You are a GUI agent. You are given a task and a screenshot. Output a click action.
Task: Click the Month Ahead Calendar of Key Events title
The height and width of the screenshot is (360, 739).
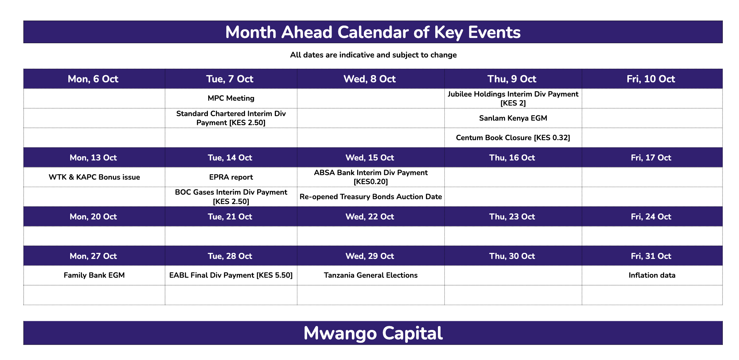click(373, 32)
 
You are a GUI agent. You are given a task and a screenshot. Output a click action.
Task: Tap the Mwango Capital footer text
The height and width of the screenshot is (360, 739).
click(373, 333)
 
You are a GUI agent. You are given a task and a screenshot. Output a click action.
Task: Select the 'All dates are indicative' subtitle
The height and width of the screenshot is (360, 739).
click(373, 55)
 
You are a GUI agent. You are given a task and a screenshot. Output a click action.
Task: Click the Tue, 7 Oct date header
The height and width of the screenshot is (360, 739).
click(230, 79)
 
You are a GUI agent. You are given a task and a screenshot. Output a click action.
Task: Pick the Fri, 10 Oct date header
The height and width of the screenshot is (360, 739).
click(651, 79)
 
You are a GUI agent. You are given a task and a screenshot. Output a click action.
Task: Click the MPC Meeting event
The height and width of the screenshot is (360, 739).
click(231, 98)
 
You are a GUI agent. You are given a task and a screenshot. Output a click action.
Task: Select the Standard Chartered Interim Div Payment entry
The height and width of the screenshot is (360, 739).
click(231, 118)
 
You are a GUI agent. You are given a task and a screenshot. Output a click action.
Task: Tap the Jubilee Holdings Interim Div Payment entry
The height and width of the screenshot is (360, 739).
click(513, 98)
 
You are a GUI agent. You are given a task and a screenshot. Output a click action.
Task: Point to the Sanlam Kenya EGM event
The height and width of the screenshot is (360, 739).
click(513, 118)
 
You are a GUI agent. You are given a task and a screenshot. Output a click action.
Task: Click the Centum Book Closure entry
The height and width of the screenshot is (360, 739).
click(513, 138)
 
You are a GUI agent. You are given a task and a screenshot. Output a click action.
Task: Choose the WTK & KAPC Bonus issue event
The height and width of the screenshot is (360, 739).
click(94, 177)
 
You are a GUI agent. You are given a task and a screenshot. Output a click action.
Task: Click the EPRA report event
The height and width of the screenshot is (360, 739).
click(231, 177)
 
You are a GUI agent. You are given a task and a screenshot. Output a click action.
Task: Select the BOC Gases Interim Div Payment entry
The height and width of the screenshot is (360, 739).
click(231, 197)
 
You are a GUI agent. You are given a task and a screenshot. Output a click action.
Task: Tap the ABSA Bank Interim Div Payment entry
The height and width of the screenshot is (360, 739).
click(371, 177)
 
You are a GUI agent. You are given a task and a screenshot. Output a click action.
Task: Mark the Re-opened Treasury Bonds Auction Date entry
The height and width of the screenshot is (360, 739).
click(371, 197)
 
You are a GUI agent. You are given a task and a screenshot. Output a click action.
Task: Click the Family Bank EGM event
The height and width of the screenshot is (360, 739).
click(94, 275)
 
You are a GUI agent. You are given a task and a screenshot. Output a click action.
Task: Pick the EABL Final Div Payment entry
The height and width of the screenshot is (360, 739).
click(231, 275)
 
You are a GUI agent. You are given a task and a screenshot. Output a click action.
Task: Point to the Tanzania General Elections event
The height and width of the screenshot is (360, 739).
click(371, 275)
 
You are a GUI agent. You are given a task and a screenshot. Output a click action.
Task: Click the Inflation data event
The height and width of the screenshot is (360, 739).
click(652, 275)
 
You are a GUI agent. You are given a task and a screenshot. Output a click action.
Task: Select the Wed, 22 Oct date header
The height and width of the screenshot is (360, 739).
click(370, 217)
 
